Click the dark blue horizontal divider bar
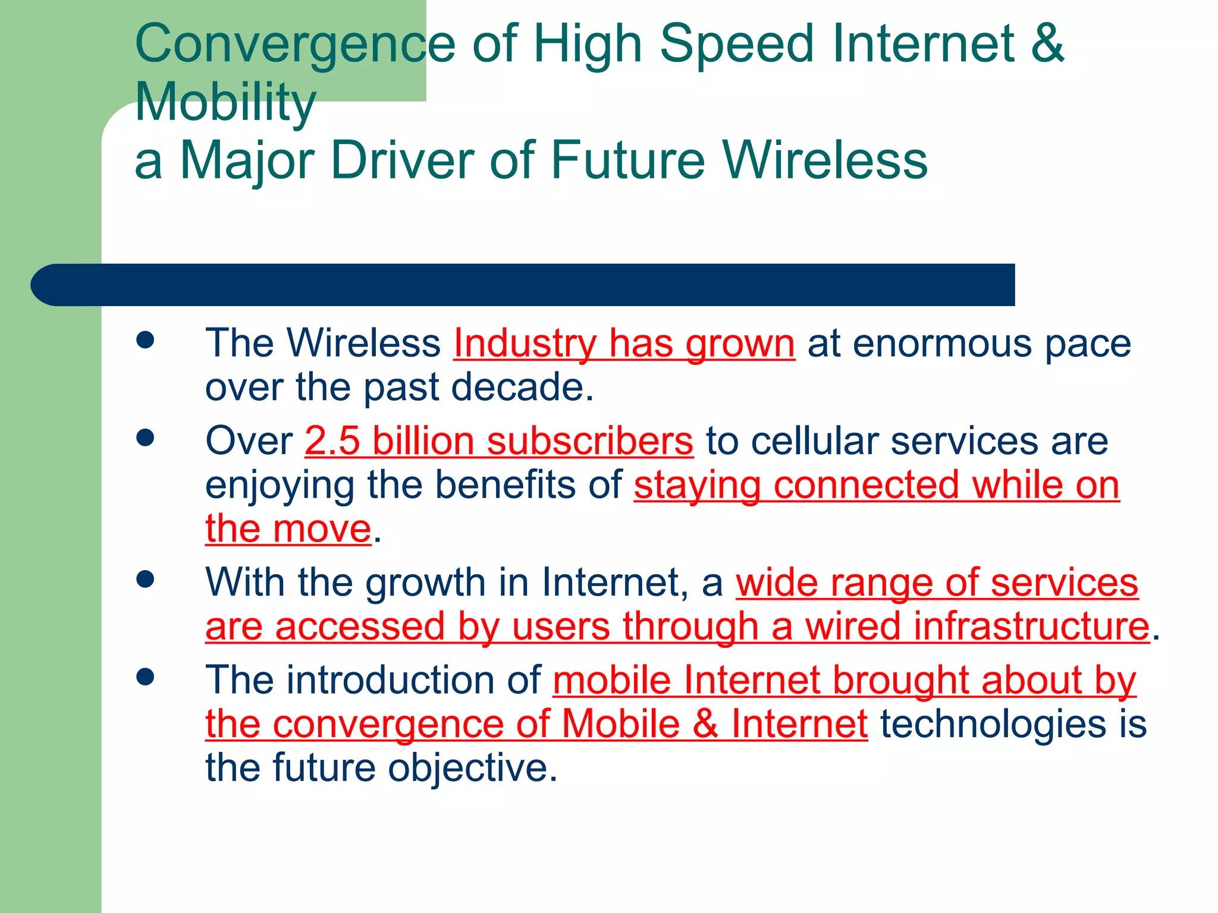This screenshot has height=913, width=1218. click(x=523, y=285)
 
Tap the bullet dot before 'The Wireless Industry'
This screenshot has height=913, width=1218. click(x=145, y=340)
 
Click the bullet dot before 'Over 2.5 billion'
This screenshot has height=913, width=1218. click(x=145, y=438)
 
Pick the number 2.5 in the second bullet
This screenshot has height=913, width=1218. click(x=332, y=442)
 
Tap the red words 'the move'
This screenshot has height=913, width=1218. click(x=288, y=529)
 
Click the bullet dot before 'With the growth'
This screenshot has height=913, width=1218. click(x=145, y=578)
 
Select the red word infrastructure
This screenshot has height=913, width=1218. click(x=977, y=626)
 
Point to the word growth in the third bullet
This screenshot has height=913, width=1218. click(x=425, y=583)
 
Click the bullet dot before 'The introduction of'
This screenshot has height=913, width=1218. click(x=145, y=676)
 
